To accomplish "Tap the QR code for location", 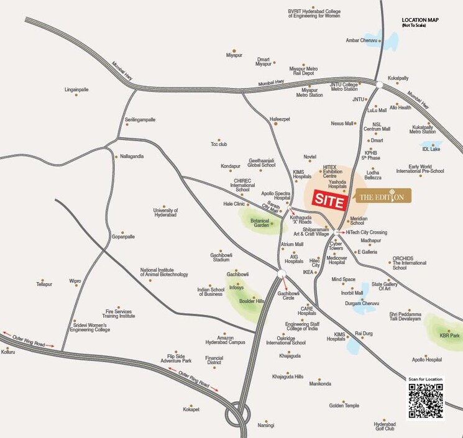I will pyautogui.click(x=426, y=400).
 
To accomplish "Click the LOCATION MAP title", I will pyautogui.click(x=420, y=21).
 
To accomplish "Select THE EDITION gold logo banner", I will pyautogui.click(x=383, y=197).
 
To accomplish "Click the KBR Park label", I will pyautogui.click(x=450, y=335).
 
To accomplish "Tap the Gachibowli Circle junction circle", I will pyautogui.click(x=282, y=273).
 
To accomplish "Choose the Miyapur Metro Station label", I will pyautogui.click(x=309, y=92).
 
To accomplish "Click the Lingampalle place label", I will pyautogui.click(x=76, y=89).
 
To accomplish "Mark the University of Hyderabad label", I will pyautogui.click(x=165, y=212).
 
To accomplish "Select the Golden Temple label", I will pyautogui.click(x=344, y=406).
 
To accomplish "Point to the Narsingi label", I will pyautogui.click(x=266, y=426).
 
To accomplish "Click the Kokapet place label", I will pyautogui.click(x=191, y=409).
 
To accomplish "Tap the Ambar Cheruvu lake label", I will pyautogui.click(x=361, y=40).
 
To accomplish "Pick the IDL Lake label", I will pyautogui.click(x=431, y=149).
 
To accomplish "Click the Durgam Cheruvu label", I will pyautogui.click(x=362, y=303).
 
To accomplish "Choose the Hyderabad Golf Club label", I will pyautogui.click(x=384, y=426).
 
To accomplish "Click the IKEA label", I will pyautogui.click(x=308, y=272).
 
